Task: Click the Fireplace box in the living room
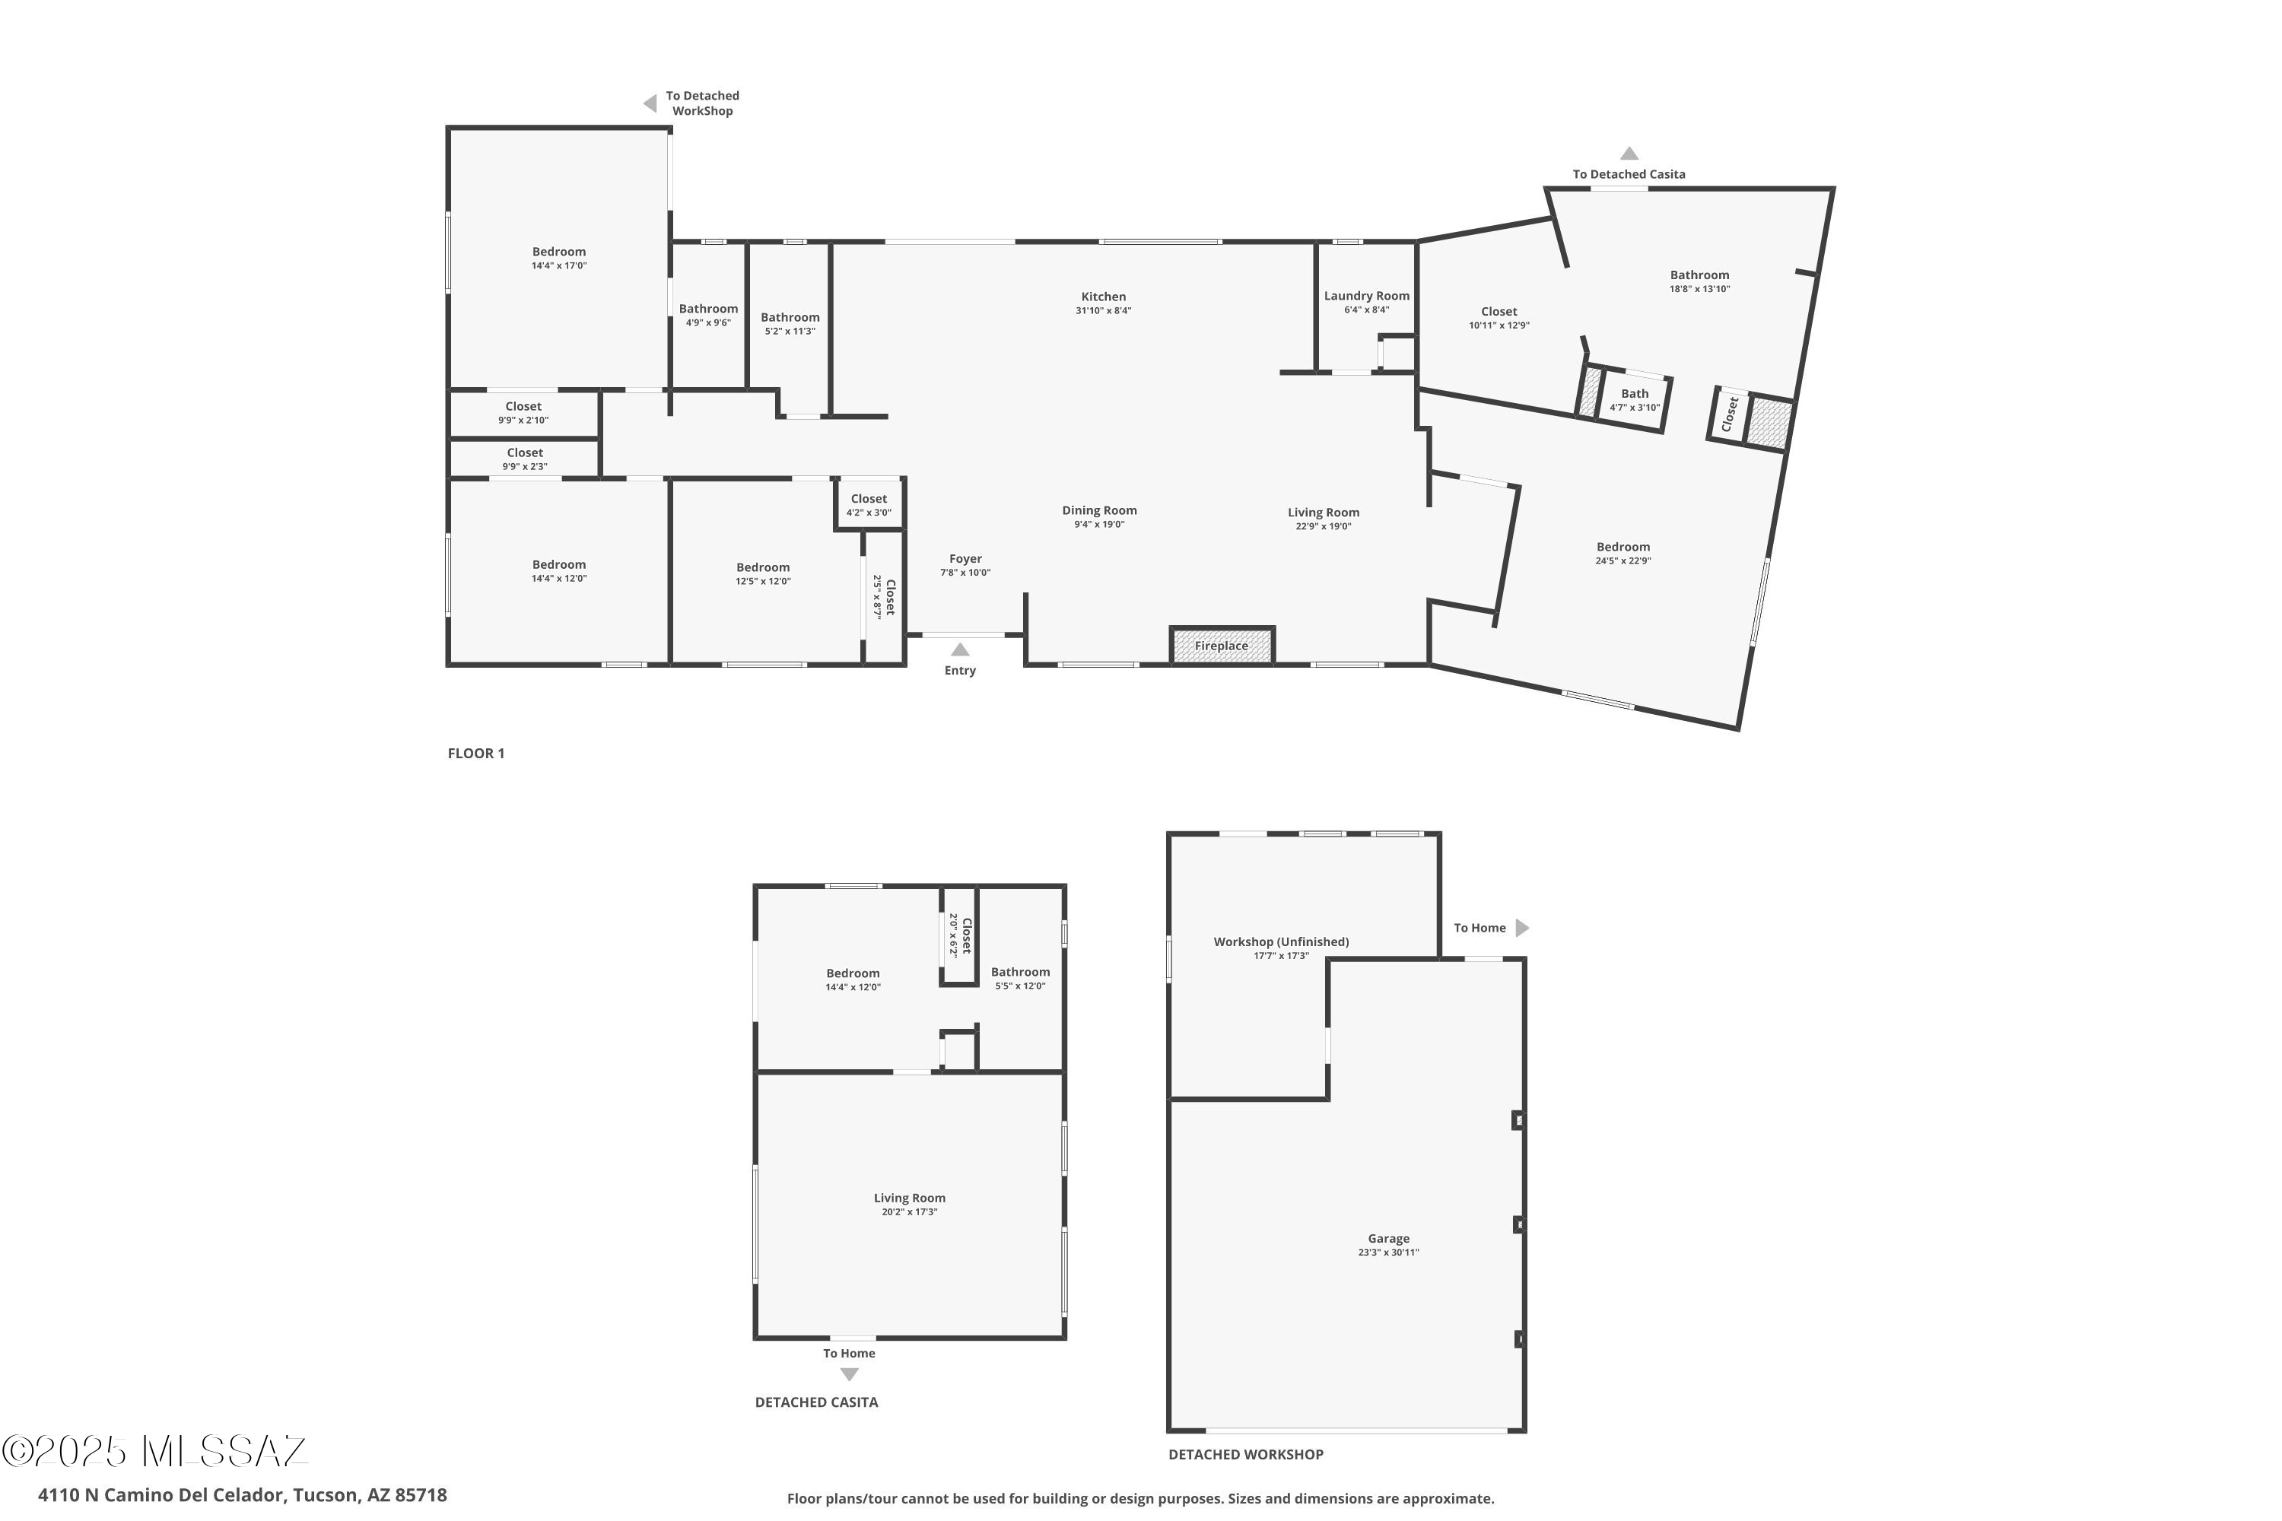click(x=1222, y=646)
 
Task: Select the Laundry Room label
click(x=1366, y=296)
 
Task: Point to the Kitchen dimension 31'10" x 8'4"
click(x=1103, y=311)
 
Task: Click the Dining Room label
click(x=1099, y=510)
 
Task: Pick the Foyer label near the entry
click(x=965, y=559)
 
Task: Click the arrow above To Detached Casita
click(x=1629, y=154)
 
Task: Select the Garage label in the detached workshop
click(x=1388, y=1239)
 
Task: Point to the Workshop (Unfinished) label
click(x=1281, y=942)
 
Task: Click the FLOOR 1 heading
click(x=475, y=754)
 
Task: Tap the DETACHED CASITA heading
click(x=816, y=1402)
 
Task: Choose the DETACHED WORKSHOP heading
click(x=1244, y=1455)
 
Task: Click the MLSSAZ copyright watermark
click(x=155, y=1451)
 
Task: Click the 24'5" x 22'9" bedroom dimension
click(x=1623, y=560)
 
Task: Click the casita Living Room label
click(x=909, y=1198)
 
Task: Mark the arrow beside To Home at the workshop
click(x=1522, y=929)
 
